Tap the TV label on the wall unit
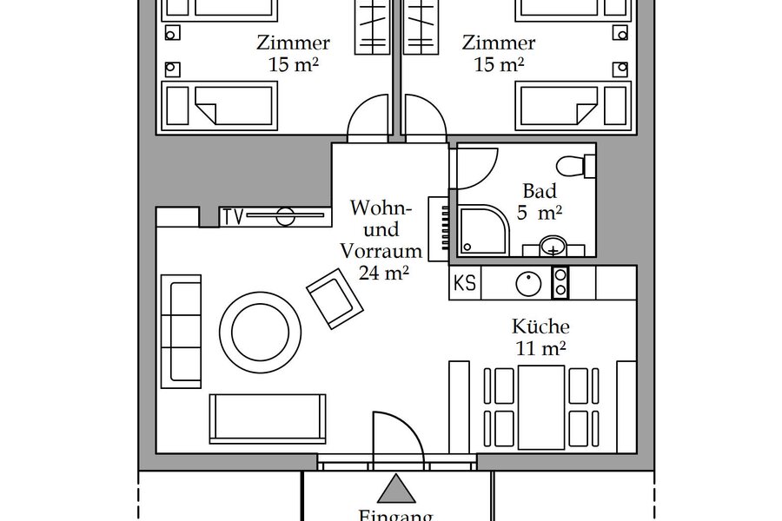tap(231, 216)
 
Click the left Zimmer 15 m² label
tap(293, 52)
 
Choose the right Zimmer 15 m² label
tap(498, 52)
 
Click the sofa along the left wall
tap(183, 330)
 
